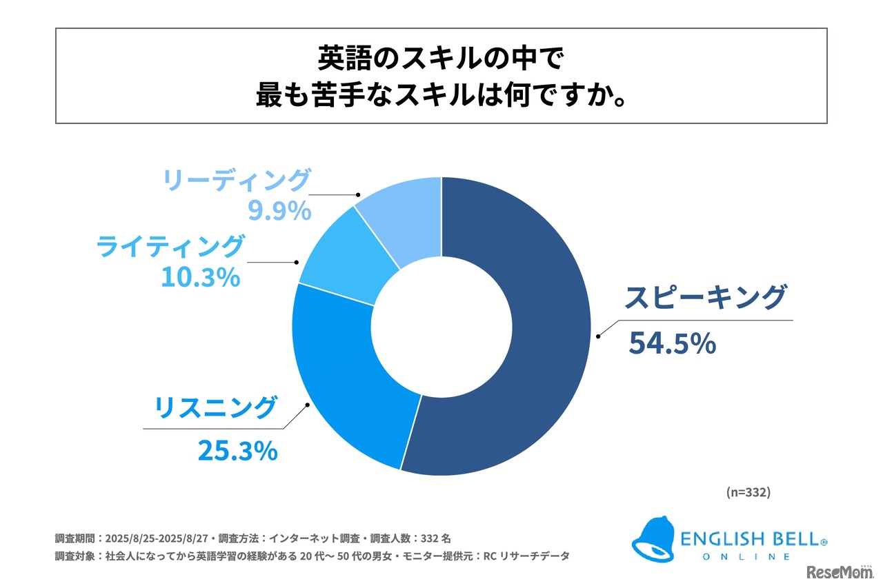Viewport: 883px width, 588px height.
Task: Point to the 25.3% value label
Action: pyautogui.click(x=237, y=452)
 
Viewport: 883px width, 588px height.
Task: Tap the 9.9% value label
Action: pyautogui.click(x=279, y=212)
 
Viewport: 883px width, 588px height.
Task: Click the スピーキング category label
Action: pyautogui.click(x=704, y=298)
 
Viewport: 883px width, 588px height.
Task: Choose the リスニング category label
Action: pyautogui.click(x=215, y=408)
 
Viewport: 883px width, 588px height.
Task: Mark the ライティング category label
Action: pyautogui.click(x=170, y=246)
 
